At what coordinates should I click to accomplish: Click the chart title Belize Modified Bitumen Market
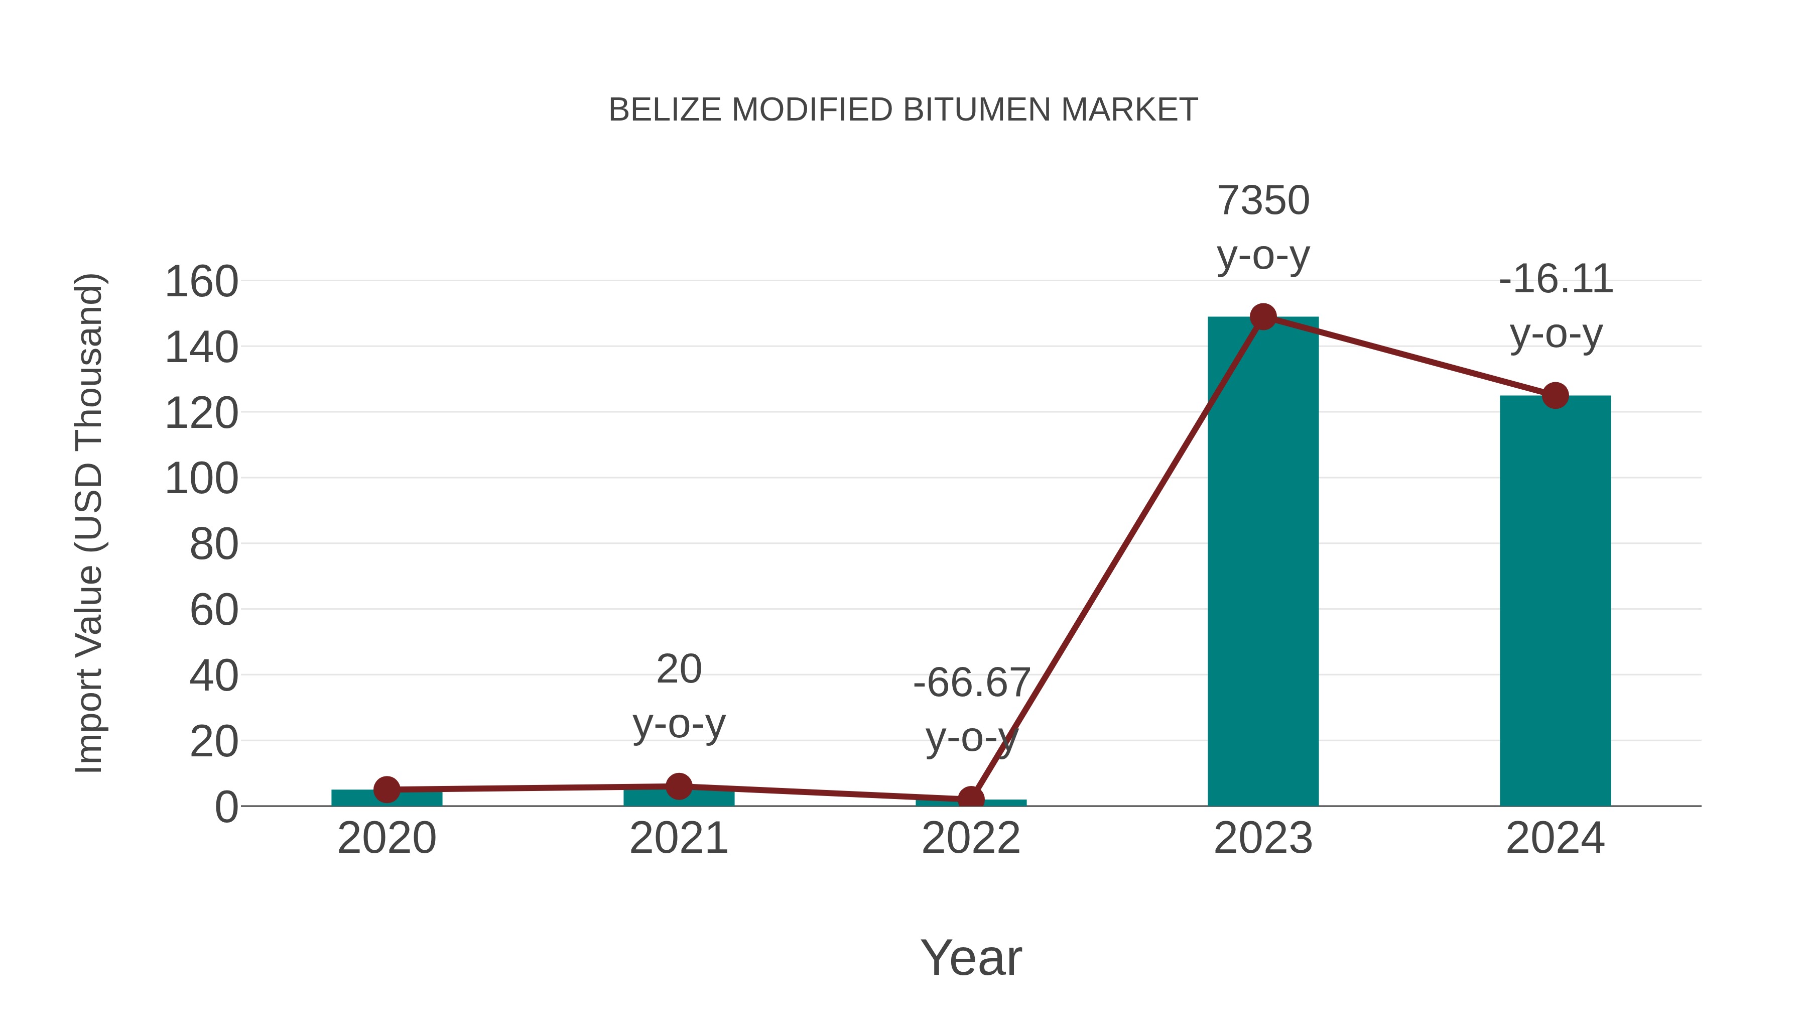point(903,110)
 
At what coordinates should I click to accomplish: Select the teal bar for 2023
point(1263,561)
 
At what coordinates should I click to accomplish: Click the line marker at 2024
point(1555,395)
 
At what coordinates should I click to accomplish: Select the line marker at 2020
point(386,789)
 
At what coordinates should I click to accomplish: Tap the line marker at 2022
point(971,800)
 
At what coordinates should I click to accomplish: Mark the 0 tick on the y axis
point(226,807)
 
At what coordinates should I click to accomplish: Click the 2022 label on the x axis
point(971,838)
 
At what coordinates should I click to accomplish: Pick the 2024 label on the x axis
point(1555,838)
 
